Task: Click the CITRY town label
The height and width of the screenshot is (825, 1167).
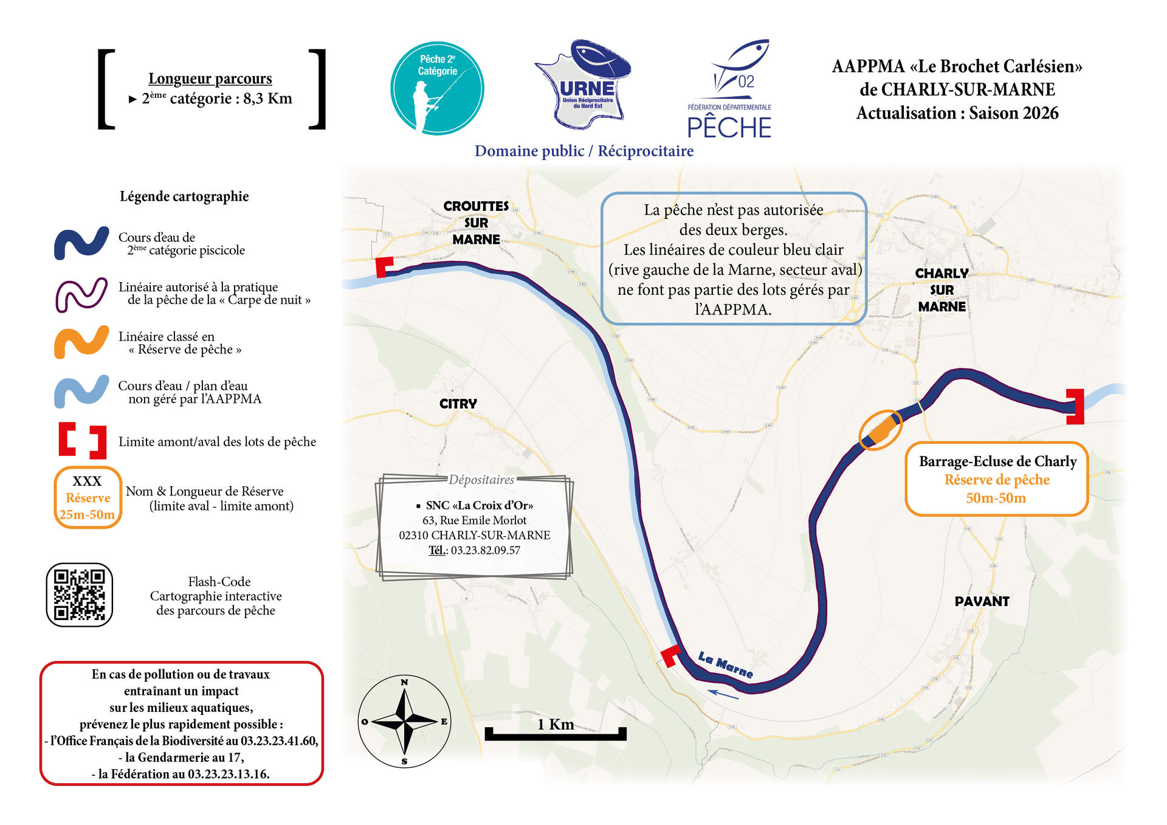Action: click(458, 404)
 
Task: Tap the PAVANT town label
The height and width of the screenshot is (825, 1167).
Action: click(982, 601)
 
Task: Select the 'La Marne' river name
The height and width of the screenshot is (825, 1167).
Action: click(725, 664)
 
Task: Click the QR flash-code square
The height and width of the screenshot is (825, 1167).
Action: click(80, 595)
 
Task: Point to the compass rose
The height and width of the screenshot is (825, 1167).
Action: click(404, 722)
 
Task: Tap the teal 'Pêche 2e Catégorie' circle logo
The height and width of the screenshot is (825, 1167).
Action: click(437, 89)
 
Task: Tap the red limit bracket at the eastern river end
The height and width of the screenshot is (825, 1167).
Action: click(1075, 407)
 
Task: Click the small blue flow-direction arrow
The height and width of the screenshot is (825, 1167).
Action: click(723, 694)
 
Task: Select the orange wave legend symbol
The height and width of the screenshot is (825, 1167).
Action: click(81, 342)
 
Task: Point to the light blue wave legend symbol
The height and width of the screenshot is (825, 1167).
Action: click(81, 392)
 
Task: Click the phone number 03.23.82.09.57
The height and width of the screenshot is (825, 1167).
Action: click(485, 550)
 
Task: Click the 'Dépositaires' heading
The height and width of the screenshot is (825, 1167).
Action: click(481, 480)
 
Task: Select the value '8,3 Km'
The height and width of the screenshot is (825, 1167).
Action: click(267, 99)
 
